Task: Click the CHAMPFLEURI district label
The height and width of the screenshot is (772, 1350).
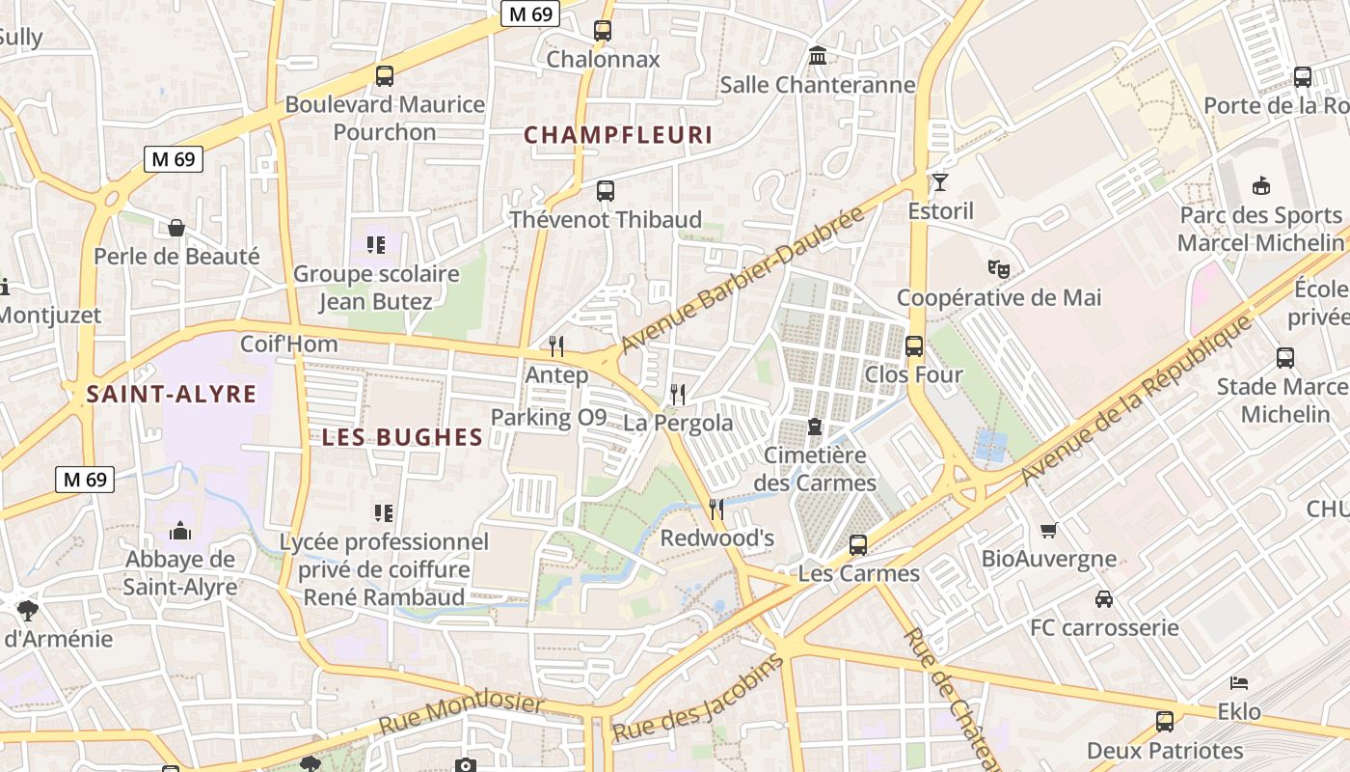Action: (618, 135)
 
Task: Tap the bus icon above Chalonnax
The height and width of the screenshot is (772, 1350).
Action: (603, 30)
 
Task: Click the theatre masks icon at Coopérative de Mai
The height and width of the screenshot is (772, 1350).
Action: (998, 268)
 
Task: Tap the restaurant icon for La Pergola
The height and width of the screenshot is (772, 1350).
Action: (678, 394)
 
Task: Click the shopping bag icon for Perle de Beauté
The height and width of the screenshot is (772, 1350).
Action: (176, 228)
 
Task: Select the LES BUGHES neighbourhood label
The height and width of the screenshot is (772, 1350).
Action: (402, 437)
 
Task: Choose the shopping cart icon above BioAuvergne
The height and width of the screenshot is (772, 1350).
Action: (1049, 530)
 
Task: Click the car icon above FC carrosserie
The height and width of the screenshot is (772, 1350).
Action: (1104, 599)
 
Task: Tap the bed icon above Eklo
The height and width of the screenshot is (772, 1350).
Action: (1239, 683)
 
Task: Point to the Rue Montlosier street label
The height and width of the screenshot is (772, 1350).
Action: (461, 713)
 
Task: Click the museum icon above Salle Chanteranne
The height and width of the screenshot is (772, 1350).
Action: (818, 56)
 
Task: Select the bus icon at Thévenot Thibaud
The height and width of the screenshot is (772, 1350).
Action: (606, 191)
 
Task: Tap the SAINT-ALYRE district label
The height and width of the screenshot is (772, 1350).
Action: (172, 394)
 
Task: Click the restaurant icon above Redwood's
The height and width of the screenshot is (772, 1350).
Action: (716, 509)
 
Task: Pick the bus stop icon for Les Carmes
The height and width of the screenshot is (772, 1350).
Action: (858, 545)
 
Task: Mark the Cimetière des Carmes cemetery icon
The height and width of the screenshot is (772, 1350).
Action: (815, 426)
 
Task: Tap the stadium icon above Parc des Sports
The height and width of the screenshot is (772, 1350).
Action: (1260, 185)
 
